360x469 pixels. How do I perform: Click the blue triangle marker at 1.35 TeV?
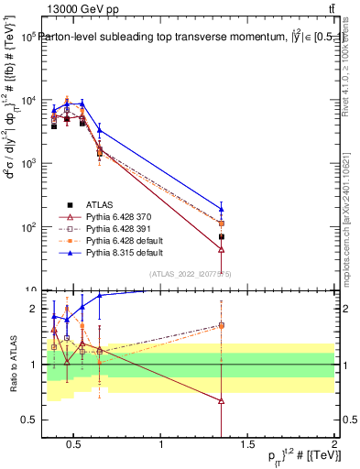point(222,208)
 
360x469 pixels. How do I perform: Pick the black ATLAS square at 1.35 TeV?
point(222,236)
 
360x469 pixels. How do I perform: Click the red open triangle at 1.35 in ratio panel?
point(222,401)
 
